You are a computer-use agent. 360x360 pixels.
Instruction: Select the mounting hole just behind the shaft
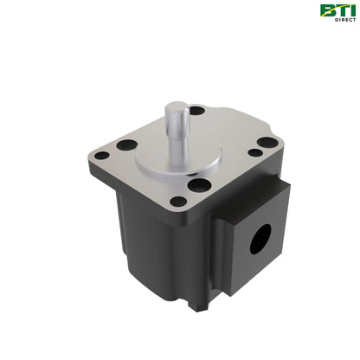pyautogui.click(x=197, y=111)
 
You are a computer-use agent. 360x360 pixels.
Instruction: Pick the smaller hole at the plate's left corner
pyautogui.click(x=102, y=156)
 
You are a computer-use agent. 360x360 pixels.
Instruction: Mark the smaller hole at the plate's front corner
pyautogui.click(x=178, y=202)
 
